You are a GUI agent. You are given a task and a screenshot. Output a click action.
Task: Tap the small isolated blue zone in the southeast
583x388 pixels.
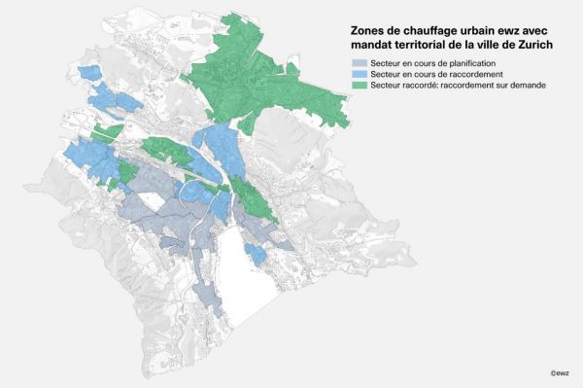[255, 254]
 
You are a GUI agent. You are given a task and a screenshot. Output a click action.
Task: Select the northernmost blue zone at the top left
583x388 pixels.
[89, 73]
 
